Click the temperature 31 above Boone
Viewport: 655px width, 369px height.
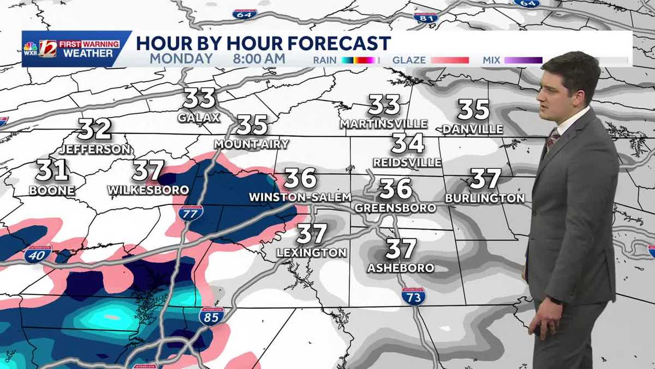(52, 171)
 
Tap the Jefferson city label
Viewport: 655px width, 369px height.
(96, 149)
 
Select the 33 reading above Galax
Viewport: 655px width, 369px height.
(199, 98)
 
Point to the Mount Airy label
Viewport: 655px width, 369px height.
(252, 144)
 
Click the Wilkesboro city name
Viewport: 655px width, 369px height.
(148, 190)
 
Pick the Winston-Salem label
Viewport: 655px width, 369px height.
(300, 197)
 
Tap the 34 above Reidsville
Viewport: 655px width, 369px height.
(408, 143)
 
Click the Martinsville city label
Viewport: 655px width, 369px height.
(384, 124)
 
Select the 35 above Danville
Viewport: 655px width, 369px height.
(473, 109)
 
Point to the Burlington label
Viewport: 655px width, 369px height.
(485, 198)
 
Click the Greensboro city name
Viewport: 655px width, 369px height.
(395, 208)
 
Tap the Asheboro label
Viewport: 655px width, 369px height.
(401, 268)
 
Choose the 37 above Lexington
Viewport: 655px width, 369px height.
(312, 234)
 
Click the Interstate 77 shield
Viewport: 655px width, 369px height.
(190, 213)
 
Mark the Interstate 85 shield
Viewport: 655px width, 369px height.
(211, 316)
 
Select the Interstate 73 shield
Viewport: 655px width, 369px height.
(413, 296)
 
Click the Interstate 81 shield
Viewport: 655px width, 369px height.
(426, 17)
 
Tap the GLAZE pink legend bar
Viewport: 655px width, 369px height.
(450, 60)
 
